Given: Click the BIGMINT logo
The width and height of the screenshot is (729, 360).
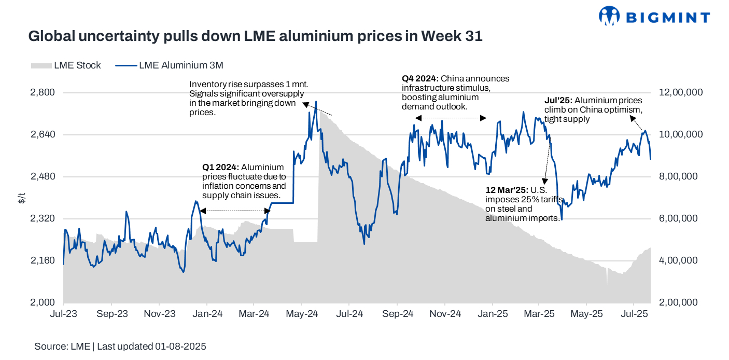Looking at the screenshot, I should (x=654, y=17).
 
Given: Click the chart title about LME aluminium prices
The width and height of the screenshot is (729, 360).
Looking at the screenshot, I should (x=255, y=36).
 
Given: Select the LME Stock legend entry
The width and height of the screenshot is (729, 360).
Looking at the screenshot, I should (x=66, y=65).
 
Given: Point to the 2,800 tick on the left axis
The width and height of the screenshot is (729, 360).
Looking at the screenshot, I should (x=44, y=92).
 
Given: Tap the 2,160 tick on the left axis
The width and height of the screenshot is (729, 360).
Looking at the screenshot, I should (x=44, y=260).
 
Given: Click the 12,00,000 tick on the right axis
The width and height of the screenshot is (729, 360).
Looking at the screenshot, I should (x=679, y=92).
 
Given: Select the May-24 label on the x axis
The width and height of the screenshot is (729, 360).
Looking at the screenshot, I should (x=302, y=314).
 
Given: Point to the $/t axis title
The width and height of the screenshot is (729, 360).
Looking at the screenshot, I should (x=21, y=198).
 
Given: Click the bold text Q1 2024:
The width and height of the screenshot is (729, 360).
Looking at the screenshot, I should (x=221, y=168).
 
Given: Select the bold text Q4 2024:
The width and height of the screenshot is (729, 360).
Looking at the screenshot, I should (x=420, y=79).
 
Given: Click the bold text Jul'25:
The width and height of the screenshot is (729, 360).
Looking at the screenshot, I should (x=558, y=101).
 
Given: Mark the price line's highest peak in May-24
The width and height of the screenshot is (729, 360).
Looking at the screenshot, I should (x=316, y=102).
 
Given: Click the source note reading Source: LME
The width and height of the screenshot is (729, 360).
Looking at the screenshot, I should (x=62, y=347).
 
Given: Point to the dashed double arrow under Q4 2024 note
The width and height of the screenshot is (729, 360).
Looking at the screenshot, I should (x=451, y=118).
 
